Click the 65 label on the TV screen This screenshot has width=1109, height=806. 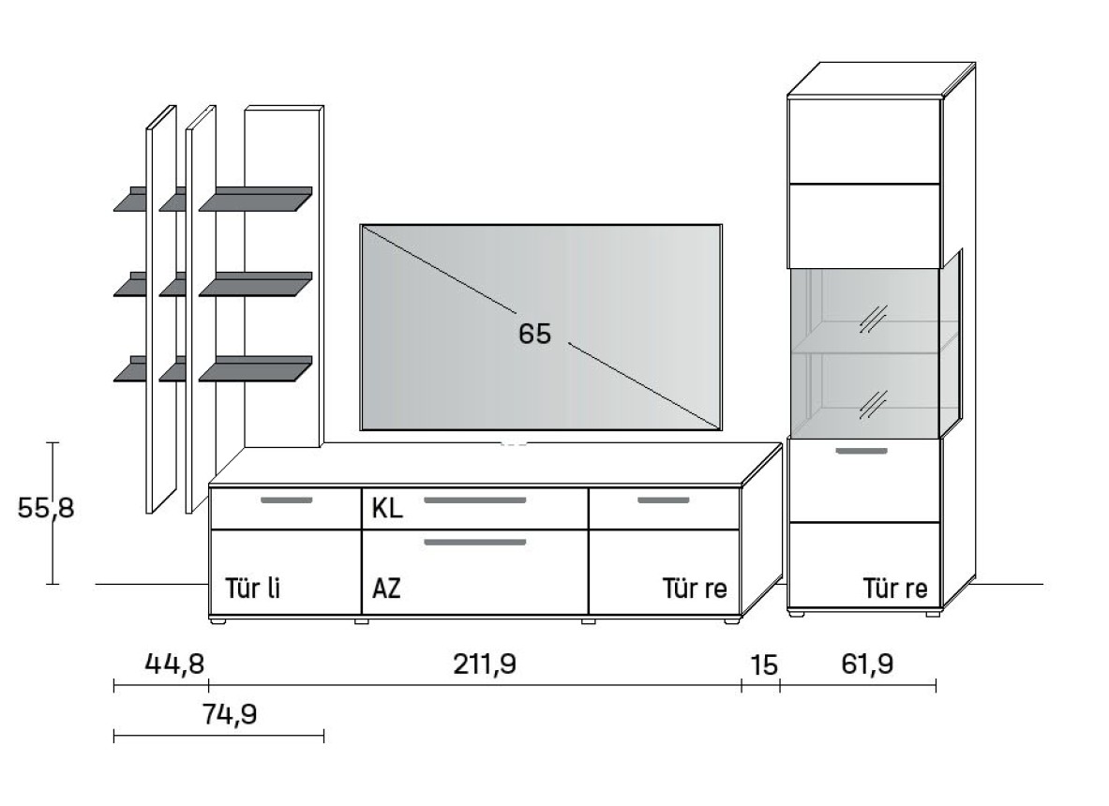click(x=534, y=333)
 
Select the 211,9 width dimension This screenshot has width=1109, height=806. click(x=486, y=664)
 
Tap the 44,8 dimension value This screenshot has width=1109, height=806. click(x=174, y=664)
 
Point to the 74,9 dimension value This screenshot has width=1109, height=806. click(x=230, y=714)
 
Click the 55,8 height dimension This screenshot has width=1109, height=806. click(x=45, y=508)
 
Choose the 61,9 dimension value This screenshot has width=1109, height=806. click(x=867, y=664)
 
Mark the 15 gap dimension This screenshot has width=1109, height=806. click(x=764, y=665)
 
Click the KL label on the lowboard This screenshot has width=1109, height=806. click(x=387, y=508)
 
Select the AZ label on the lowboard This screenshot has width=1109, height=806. click(x=386, y=588)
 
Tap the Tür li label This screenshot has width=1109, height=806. click(x=252, y=588)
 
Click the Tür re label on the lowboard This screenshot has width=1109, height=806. click(x=695, y=588)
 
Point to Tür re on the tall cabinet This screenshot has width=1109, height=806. click(x=894, y=588)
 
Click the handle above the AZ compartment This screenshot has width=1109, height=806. click(x=475, y=543)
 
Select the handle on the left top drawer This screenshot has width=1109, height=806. click(x=287, y=500)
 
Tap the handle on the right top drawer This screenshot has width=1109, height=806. click(x=664, y=500)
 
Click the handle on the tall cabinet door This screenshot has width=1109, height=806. click(x=862, y=451)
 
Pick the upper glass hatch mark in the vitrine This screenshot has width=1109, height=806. click(x=874, y=319)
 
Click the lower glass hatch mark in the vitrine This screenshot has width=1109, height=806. click(x=874, y=404)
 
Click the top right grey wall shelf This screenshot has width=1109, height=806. click(x=255, y=199)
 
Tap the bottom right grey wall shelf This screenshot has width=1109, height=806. click(x=255, y=368)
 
